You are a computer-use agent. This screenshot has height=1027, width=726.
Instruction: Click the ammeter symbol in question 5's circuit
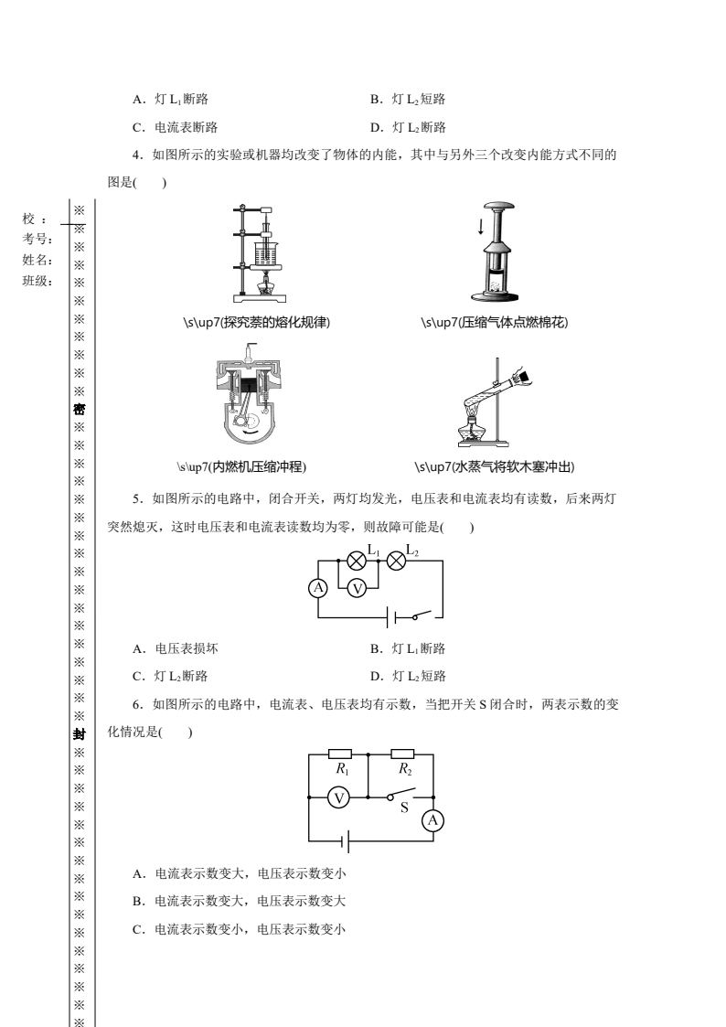pyautogui.click(x=318, y=588)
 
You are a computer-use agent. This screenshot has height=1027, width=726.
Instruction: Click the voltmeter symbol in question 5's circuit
pyautogui.click(x=357, y=589)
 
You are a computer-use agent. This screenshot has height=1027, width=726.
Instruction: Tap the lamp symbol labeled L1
pyautogui.click(x=356, y=561)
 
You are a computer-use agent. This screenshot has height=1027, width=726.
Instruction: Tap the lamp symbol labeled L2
pyautogui.click(x=396, y=561)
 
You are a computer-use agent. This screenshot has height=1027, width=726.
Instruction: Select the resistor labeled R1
pyautogui.click(x=340, y=754)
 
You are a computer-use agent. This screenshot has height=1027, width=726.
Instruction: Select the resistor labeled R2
pyautogui.click(x=402, y=754)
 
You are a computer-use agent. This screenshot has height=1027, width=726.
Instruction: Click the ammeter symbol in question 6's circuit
pyautogui.click(x=432, y=820)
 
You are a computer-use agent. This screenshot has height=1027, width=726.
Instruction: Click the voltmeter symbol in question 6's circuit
pyautogui.click(x=339, y=797)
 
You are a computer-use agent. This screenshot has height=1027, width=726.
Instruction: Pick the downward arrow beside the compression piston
pyautogui.click(x=481, y=226)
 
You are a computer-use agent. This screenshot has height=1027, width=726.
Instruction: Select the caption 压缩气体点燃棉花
pyautogui.click(x=495, y=322)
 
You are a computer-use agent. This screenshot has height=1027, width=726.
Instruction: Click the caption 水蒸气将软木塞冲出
pyautogui.click(x=495, y=467)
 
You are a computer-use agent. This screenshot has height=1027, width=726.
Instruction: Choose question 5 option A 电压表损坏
pyautogui.click(x=176, y=648)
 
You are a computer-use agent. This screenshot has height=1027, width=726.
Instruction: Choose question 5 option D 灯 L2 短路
pyautogui.click(x=408, y=676)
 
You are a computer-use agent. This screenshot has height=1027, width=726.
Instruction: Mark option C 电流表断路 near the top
pyautogui.click(x=175, y=127)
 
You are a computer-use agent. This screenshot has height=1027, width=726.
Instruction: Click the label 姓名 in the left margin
pyautogui.click(x=37, y=260)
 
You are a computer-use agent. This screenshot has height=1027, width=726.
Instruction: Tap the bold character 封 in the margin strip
pyautogui.click(x=80, y=735)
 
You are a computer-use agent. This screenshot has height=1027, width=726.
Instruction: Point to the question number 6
pyautogui.click(x=137, y=705)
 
